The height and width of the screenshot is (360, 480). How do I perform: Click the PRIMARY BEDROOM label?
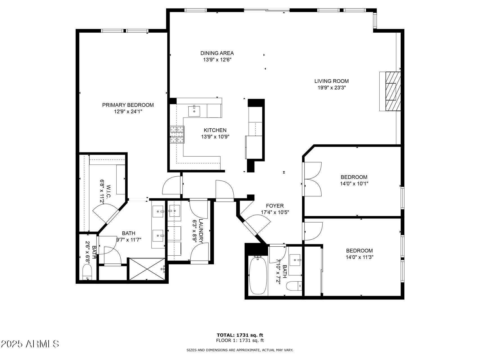(128, 105)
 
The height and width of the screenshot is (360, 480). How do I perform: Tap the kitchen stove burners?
(177, 134)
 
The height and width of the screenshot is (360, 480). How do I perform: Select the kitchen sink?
(194, 111)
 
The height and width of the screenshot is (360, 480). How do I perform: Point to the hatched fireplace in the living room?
(393, 91)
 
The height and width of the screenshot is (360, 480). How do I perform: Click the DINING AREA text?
(217, 53)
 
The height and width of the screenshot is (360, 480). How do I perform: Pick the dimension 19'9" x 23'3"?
(331, 87)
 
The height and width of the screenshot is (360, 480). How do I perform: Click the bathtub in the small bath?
(258, 275)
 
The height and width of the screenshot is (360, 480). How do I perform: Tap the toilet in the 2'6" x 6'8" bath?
(87, 273)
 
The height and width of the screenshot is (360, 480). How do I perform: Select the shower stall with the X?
(147, 269)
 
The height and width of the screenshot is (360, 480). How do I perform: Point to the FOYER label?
(275, 206)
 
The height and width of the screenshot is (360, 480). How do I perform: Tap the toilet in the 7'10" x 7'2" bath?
(294, 286)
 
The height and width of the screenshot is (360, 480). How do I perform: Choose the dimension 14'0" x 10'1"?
(354, 184)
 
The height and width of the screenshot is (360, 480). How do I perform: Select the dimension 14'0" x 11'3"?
(359, 257)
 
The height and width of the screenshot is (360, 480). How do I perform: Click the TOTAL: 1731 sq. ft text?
(240, 335)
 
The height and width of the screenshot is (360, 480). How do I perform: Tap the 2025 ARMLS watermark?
(30, 344)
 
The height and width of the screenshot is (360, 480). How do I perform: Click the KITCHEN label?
(215, 130)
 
